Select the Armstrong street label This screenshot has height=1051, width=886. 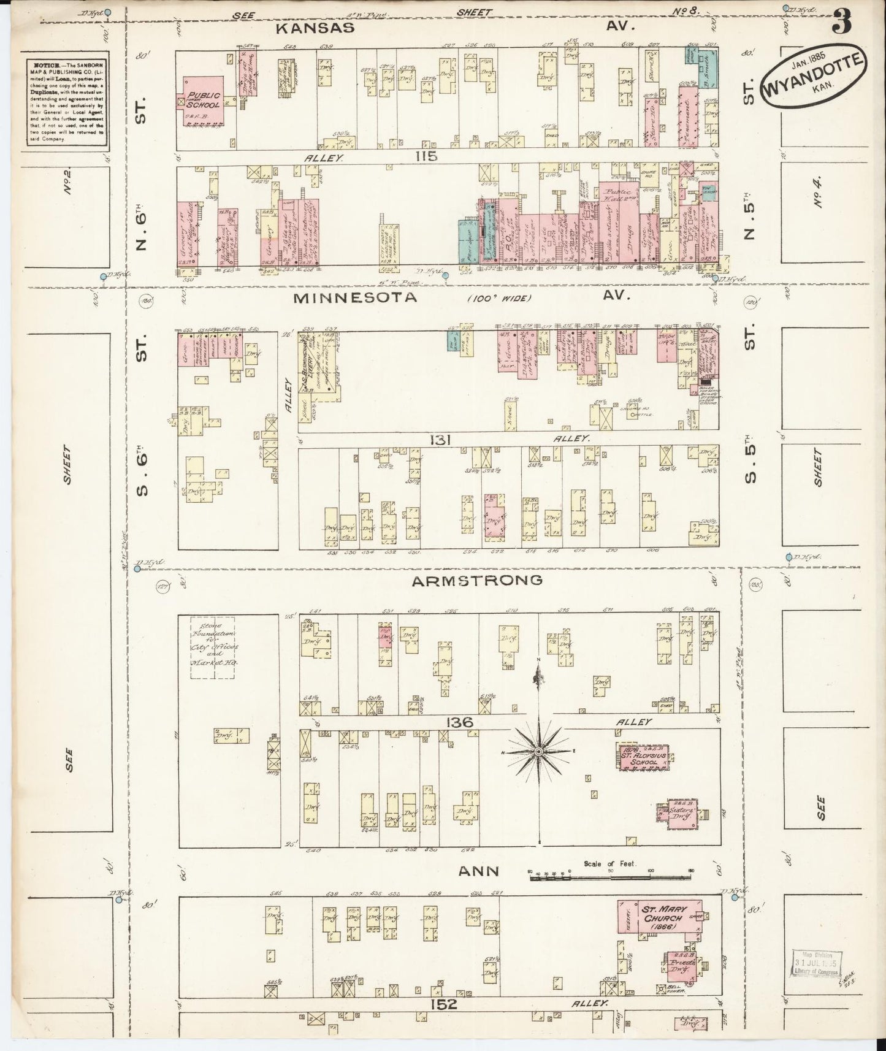click(x=476, y=580)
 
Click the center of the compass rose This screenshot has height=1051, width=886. click(x=538, y=752)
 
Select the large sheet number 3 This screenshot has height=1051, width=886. click(x=842, y=23)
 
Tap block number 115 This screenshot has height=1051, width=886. click(x=426, y=156)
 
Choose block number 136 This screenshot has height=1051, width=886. click(x=460, y=723)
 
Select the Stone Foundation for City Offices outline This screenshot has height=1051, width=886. click(x=213, y=647)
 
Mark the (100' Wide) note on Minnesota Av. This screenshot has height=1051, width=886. click(x=500, y=299)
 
